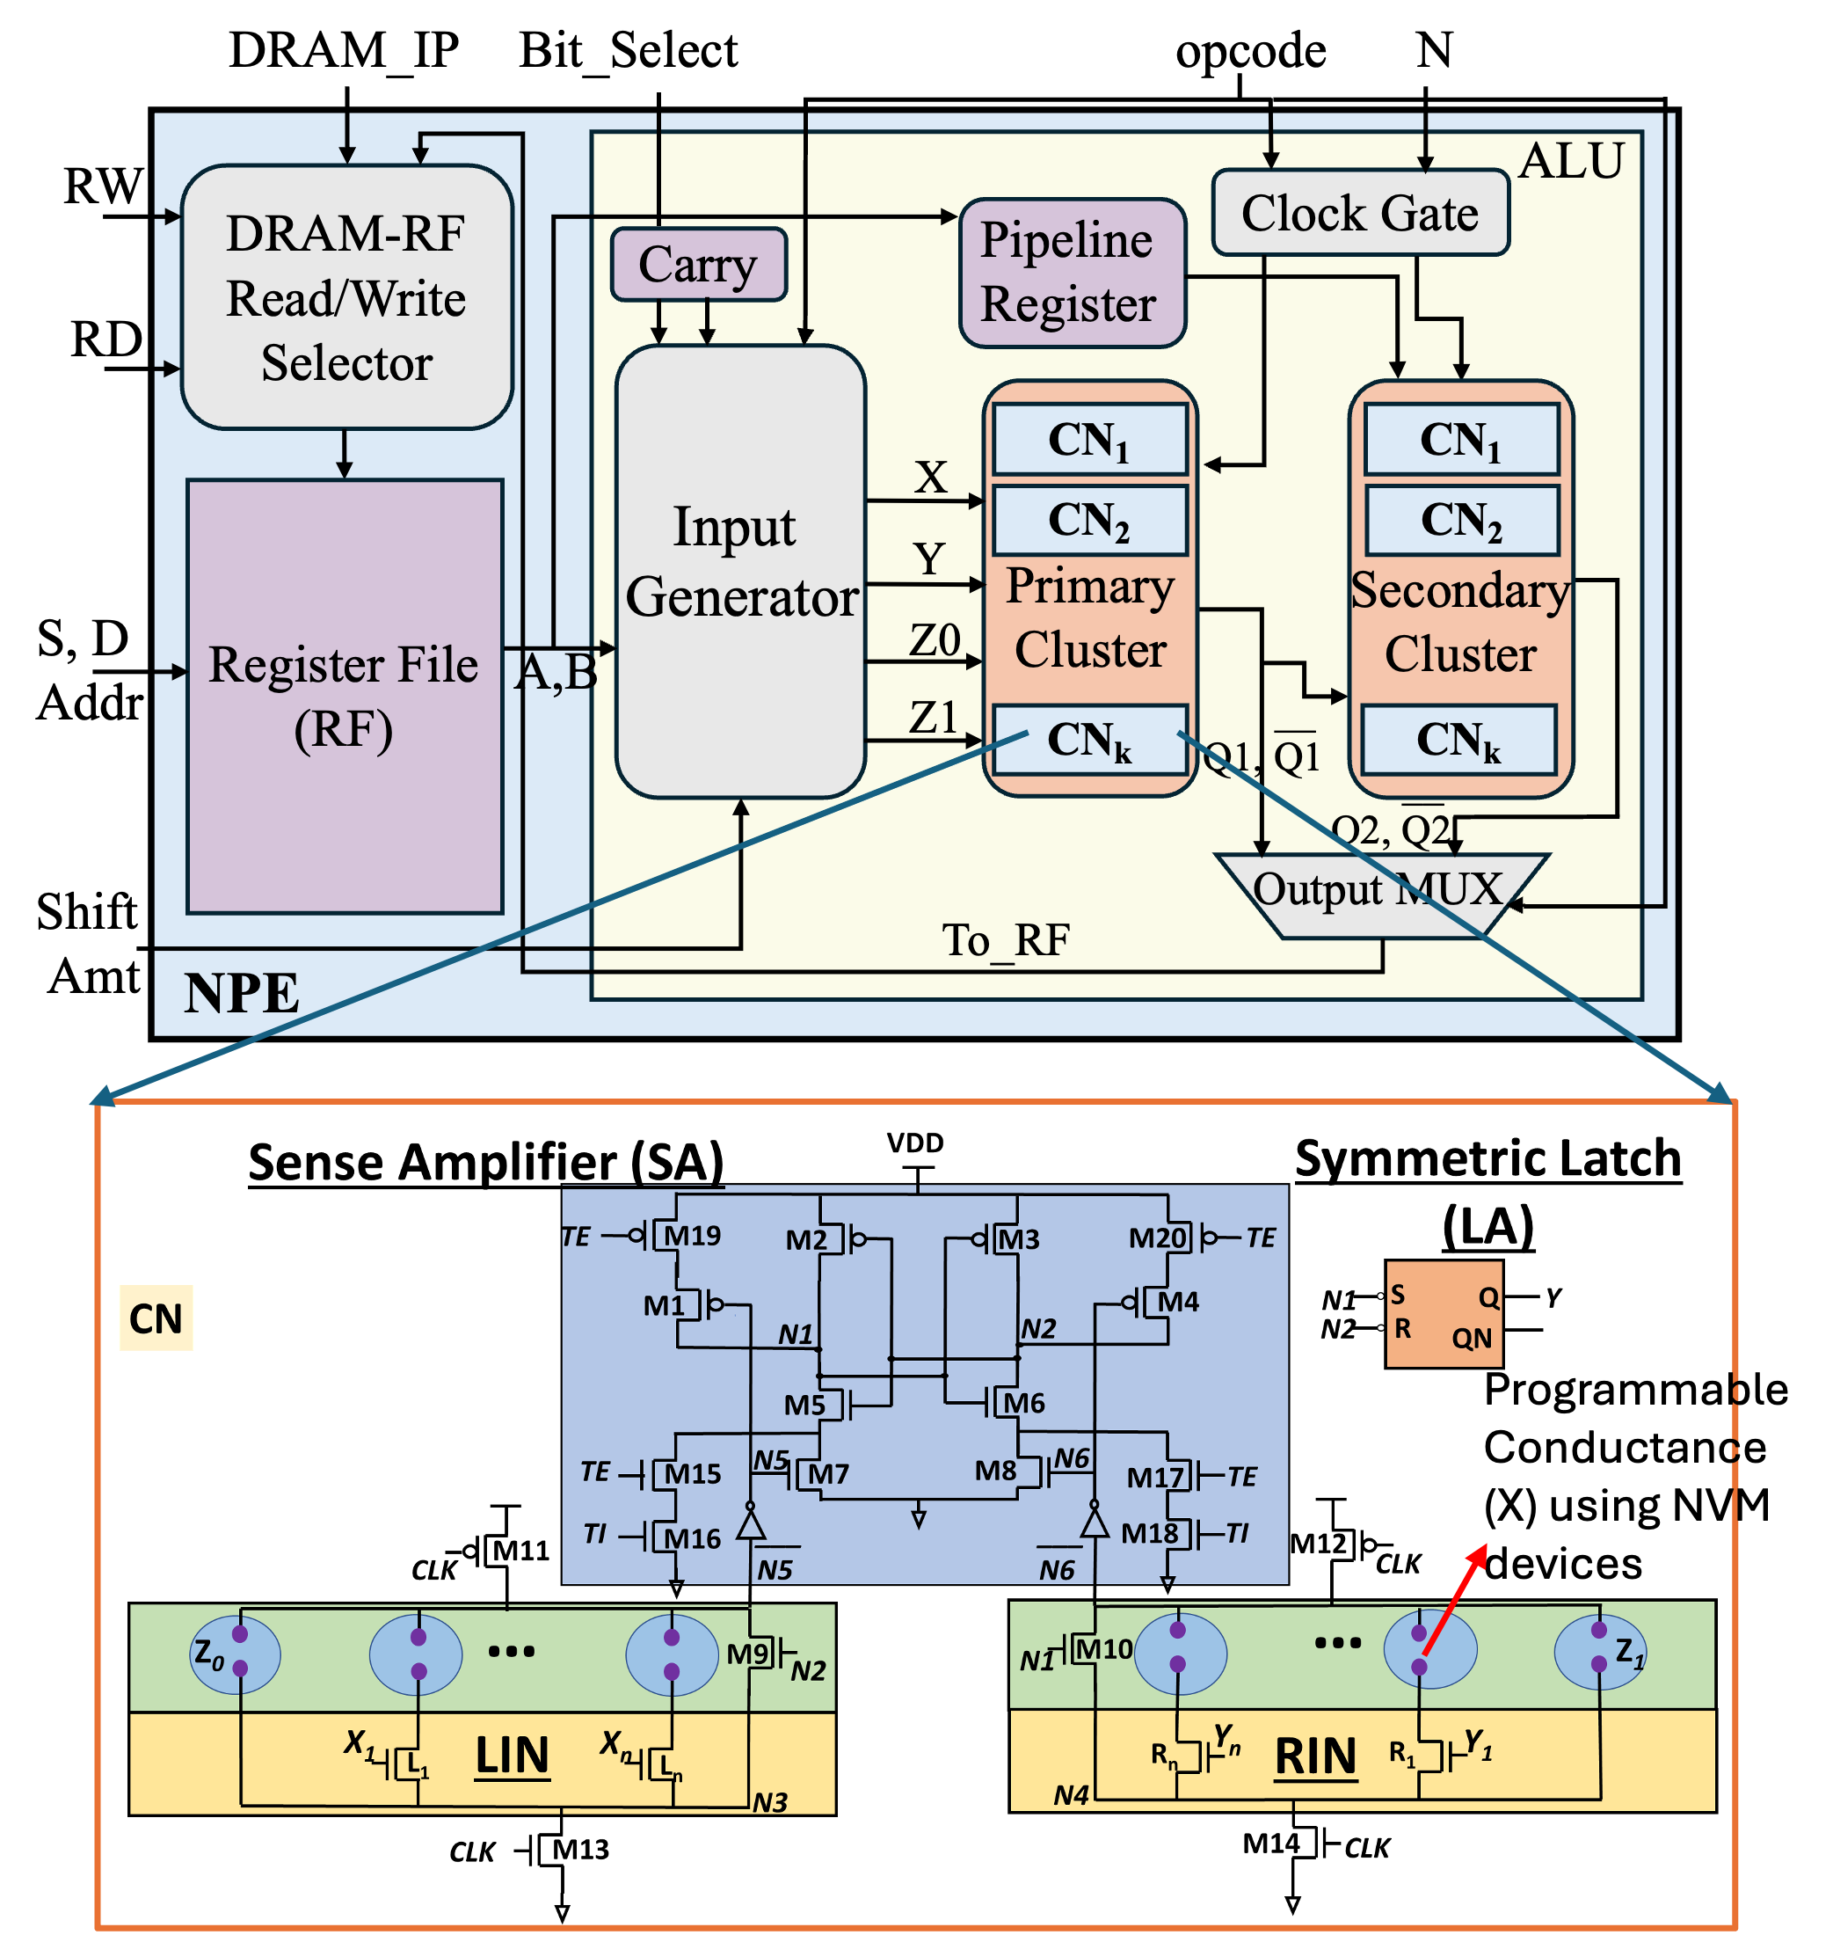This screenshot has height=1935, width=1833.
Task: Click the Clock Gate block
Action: tap(1360, 213)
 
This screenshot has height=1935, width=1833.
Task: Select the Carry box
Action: tap(699, 265)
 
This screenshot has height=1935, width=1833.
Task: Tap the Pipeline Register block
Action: tap(1072, 273)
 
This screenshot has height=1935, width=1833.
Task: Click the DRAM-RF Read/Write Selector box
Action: tap(347, 297)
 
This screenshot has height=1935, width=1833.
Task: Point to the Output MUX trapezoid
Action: tap(1379, 894)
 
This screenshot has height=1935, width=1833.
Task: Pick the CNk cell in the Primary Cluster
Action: tap(1089, 740)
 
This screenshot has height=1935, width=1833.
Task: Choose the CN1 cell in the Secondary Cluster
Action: tap(1461, 440)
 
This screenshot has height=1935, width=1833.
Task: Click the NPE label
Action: tap(242, 993)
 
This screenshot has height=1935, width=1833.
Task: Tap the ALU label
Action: tap(1571, 160)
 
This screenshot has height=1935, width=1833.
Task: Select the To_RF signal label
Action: tap(1006, 940)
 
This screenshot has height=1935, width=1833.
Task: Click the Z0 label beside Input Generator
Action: tap(935, 640)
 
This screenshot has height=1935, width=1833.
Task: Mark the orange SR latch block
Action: tap(1444, 1313)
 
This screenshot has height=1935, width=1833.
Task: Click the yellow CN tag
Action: tap(156, 1318)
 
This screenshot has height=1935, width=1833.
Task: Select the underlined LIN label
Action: tap(512, 1756)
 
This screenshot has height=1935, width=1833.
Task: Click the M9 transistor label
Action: tap(748, 1654)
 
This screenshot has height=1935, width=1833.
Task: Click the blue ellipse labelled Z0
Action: tap(235, 1654)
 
